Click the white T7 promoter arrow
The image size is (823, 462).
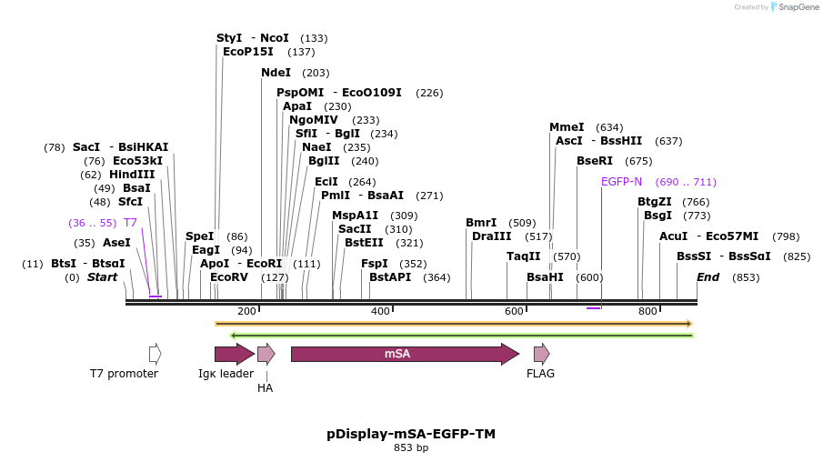(156, 354)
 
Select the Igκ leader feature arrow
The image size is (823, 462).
(234, 354)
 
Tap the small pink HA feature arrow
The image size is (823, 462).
(266, 354)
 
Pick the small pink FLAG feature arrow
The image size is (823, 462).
(541, 354)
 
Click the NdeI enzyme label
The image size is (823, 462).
(276, 73)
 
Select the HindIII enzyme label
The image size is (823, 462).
(132, 175)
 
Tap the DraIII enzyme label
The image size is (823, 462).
(492, 236)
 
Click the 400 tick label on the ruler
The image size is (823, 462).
(380, 312)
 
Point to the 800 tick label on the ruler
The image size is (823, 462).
(647, 312)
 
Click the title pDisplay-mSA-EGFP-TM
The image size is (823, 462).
(411, 434)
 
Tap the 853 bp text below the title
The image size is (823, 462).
(411, 448)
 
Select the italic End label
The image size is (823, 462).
(708, 277)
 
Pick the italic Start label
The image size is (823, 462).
(102, 277)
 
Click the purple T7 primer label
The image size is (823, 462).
(130, 223)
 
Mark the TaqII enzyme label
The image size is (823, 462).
(523, 256)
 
